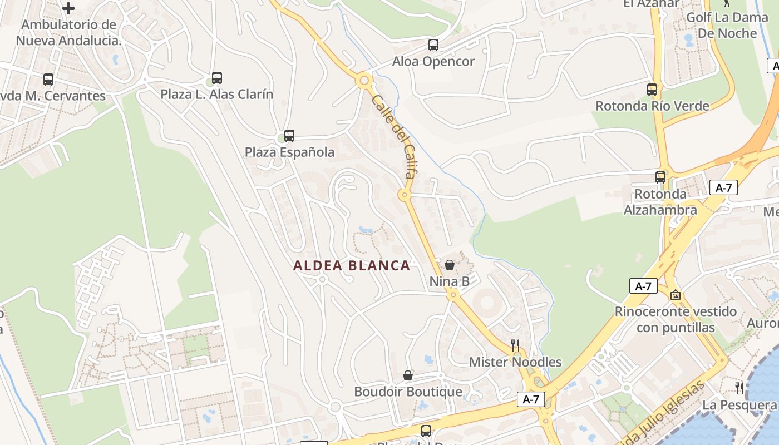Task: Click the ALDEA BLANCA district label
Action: point(352,266)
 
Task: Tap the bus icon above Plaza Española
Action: point(289,135)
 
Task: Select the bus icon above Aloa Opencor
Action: point(433,45)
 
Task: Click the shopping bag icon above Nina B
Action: point(450,265)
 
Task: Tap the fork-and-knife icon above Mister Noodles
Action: point(515,345)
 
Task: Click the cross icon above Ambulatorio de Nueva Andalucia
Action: point(68,8)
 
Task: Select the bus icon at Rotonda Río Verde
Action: point(652,89)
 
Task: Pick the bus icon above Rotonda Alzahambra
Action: point(660,177)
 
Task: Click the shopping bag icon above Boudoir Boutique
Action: point(408,375)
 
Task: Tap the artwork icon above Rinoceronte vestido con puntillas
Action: point(676,295)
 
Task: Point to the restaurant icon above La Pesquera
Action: point(739,388)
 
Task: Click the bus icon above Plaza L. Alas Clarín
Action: point(217,78)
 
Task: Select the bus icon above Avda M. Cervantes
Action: point(48,80)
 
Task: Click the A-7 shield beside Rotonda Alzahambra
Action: point(723,187)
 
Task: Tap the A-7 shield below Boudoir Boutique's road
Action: point(531,399)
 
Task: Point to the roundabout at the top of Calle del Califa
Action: point(364,81)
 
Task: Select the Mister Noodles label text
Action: point(515,362)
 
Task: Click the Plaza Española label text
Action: point(290,152)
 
